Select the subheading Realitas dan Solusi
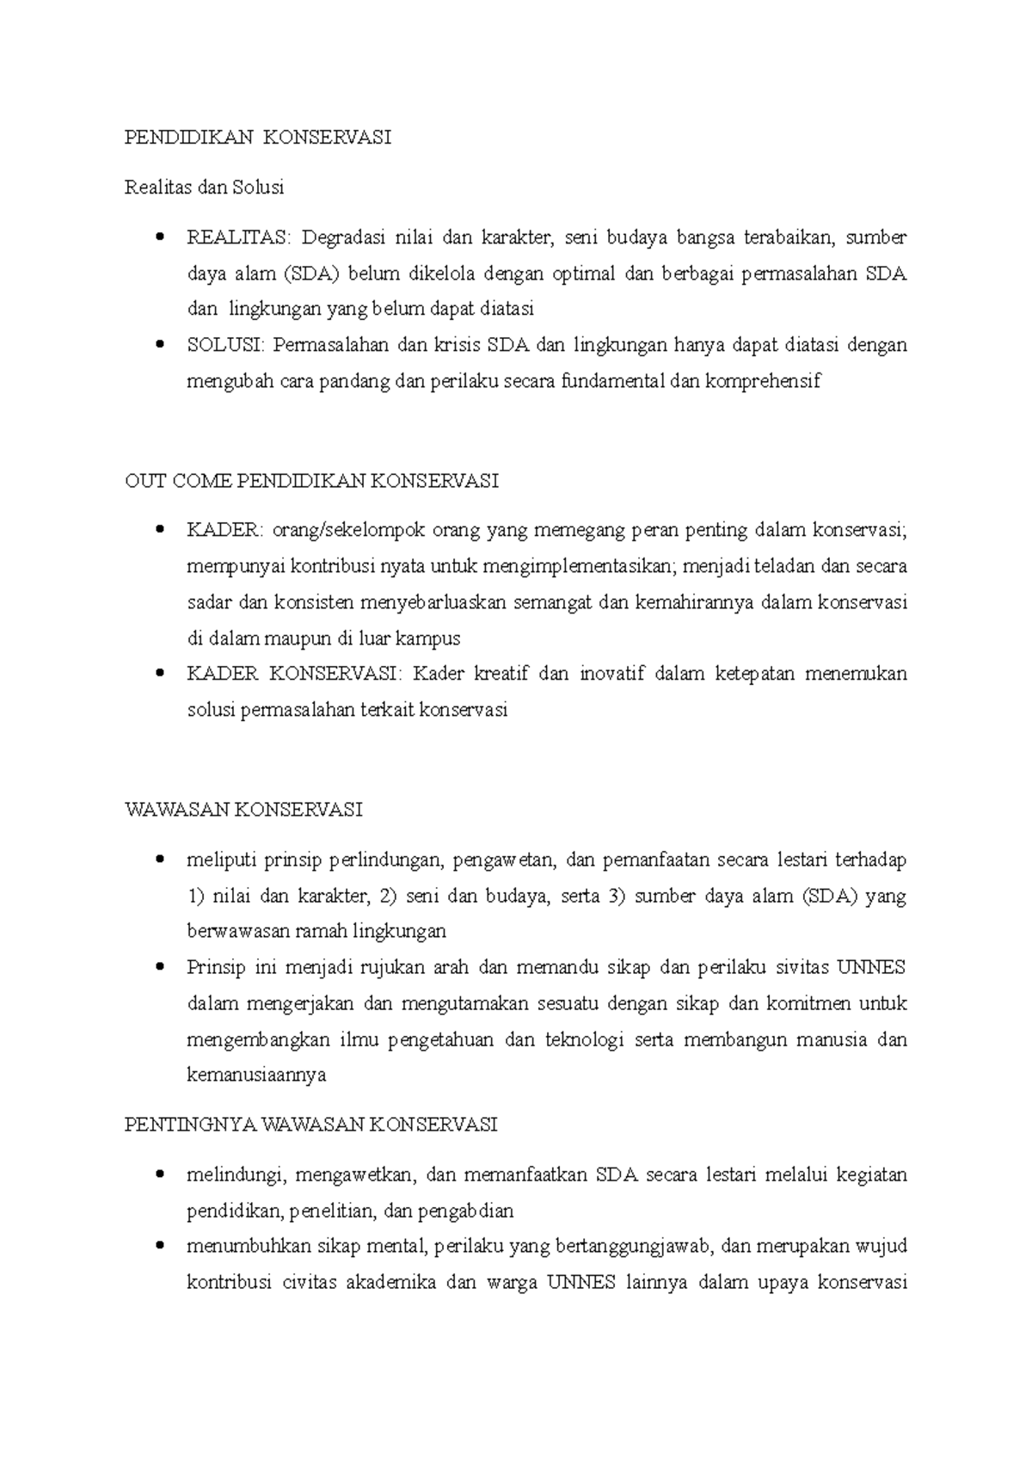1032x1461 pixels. [204, 188]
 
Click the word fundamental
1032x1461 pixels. [612, 381]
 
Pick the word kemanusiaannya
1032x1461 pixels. [256, 1076]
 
